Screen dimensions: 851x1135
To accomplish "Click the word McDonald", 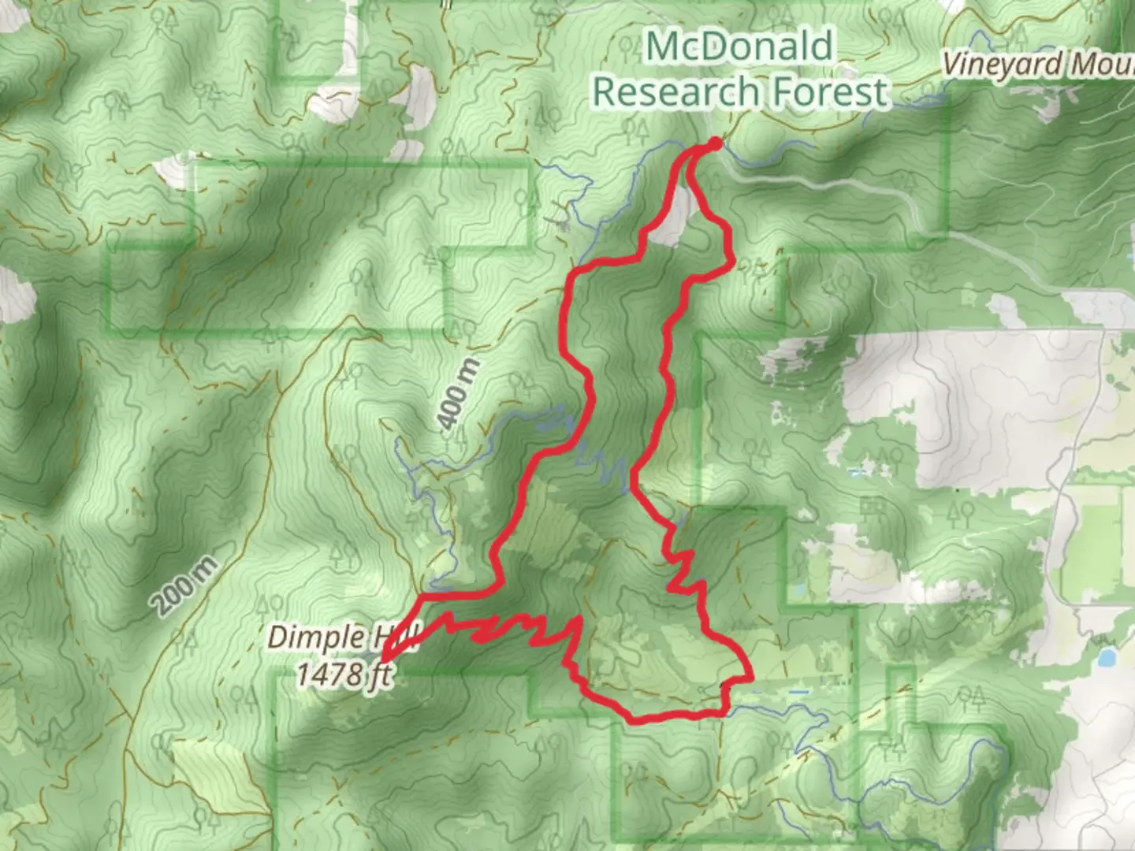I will tap(739, 47).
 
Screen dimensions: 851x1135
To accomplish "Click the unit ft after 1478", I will tap(381, 676).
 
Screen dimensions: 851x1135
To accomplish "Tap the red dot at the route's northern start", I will tap(715, 143).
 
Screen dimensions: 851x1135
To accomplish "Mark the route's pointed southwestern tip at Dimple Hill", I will tap(384, 657).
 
